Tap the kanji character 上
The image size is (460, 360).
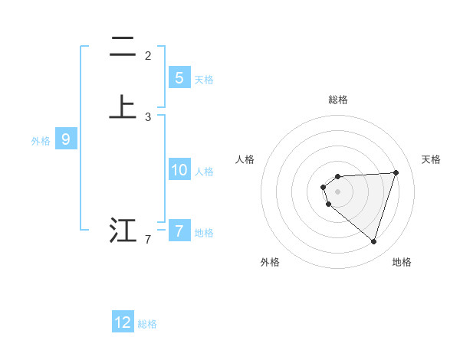point(122,106)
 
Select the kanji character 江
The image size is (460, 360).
point(122,230)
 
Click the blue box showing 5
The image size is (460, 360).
point(179,77)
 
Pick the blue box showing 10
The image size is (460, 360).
point(179,170)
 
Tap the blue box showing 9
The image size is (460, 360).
point(66,139)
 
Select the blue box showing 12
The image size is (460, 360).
point(123,322)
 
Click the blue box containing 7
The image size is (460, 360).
point(179,231)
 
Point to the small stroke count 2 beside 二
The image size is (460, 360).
point(148,56)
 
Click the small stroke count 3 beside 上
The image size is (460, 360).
point(148,117)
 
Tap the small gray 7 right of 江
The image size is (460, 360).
point(148,241)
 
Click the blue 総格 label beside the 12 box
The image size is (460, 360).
point(147,324)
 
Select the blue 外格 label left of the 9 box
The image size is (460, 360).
point(41,141)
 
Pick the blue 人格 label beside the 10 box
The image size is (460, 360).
point(205,172)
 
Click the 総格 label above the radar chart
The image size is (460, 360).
point(338,100)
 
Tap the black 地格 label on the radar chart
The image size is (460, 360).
point(402,262)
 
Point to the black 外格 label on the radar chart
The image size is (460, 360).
point(270,262)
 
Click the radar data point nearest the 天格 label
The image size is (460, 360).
point(396,172)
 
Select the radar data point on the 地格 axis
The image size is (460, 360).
point(373,241)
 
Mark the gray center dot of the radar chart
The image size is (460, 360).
point(338,191)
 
